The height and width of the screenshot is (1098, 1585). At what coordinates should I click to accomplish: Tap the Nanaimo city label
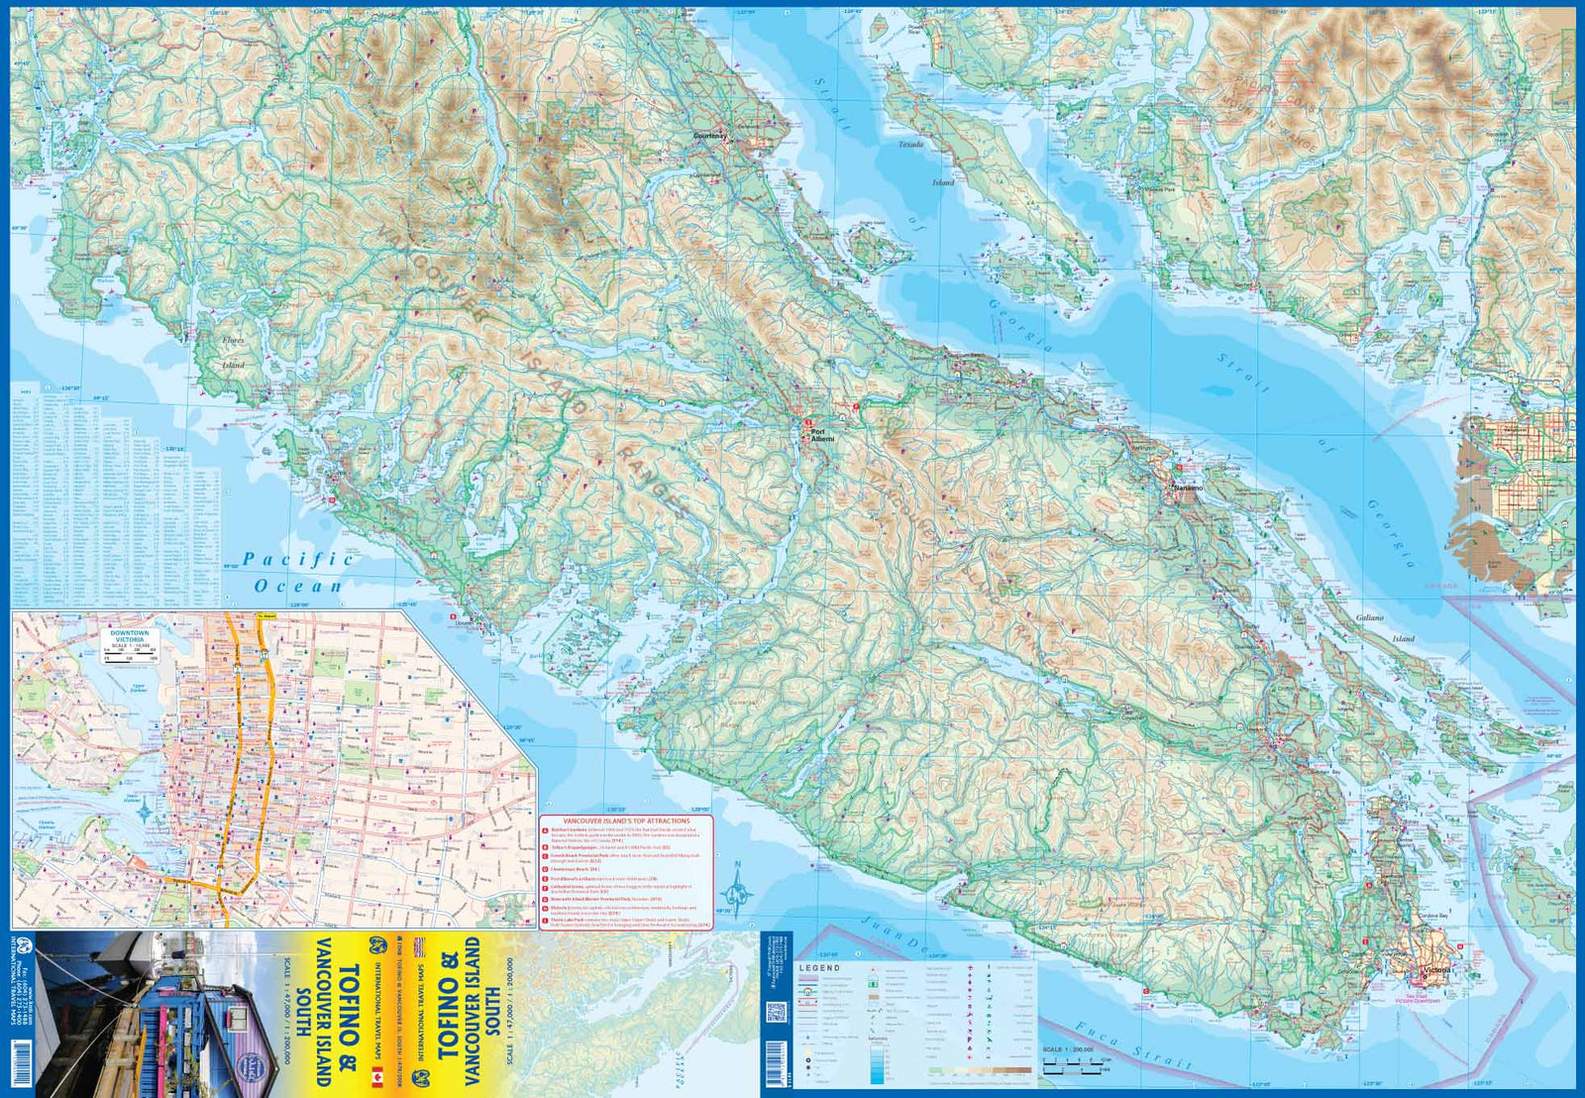point(1188,489)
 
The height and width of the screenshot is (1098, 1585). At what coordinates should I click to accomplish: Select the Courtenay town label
point(709,136)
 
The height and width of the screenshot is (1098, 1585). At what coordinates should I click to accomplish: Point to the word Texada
point(910,145)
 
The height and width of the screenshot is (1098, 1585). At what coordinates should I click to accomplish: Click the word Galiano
point(1369,617)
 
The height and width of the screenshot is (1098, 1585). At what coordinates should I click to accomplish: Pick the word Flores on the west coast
point(233,340)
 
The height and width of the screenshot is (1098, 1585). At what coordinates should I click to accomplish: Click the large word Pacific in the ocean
point(297,560)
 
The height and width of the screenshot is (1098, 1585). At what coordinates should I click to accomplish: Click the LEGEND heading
point(819,967)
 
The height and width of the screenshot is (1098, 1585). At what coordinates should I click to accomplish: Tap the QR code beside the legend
point(776,1013)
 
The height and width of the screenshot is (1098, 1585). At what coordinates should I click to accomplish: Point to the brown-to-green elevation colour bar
point(981,1070)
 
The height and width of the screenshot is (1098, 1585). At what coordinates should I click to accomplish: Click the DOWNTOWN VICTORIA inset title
point(130,636)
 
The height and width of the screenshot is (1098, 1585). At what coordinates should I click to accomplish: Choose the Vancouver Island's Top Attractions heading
point(626,822)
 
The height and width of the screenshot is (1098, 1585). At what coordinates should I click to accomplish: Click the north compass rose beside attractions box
point(737,881)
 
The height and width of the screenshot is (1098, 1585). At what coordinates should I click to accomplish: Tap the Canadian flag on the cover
point(376,1077)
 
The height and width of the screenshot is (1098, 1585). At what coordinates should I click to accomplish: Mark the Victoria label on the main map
point(1435,969)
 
